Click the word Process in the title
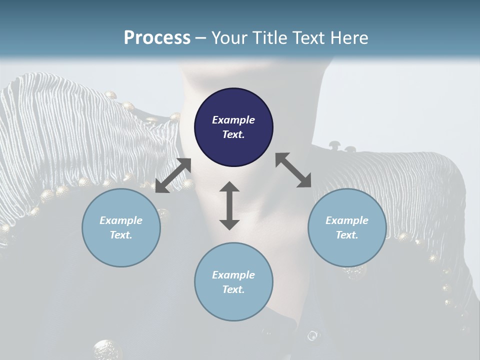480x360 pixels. [157, 38]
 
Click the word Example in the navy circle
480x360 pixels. [233, 120]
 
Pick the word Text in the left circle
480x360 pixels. [121, 235]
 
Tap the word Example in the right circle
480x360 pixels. [347, 220]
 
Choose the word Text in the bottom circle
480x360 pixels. [233, 289]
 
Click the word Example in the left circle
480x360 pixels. [121, 220]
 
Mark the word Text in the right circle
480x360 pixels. [347, 235]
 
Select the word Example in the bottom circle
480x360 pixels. [233, 275]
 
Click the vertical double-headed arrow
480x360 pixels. [229, 205]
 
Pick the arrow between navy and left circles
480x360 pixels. [173, 175]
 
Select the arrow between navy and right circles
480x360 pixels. [293, 170]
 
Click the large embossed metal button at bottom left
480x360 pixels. [107, 349]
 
